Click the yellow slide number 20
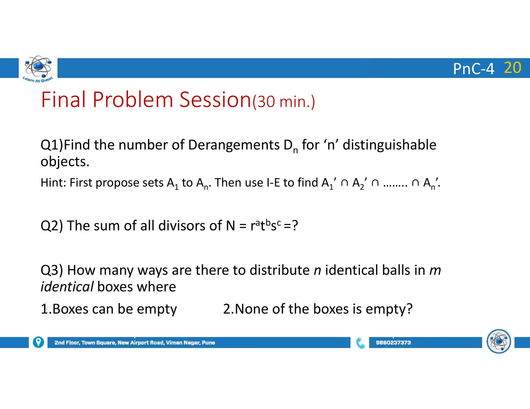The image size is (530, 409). [x=512, y=68]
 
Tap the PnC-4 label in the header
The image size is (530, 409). [x=474, y=69]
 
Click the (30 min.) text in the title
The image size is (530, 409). [x=284, y=102]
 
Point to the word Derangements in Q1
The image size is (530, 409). [x=234, y=145]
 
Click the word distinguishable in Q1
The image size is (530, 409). [x=389, y=145]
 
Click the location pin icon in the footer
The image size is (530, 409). [x=38, y=342]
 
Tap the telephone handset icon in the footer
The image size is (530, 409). [x=360, y=343]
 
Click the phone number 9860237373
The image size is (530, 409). [x=393, y=343]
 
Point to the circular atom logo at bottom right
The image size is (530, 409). [x=499, y=341]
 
